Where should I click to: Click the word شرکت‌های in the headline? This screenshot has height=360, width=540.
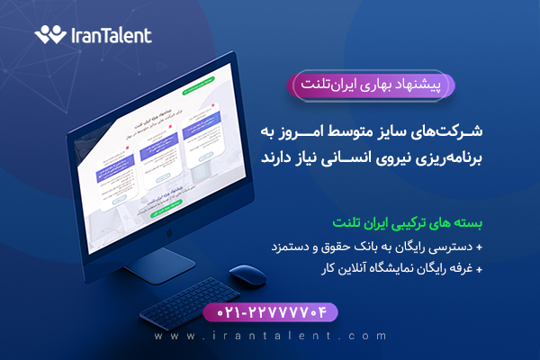452,132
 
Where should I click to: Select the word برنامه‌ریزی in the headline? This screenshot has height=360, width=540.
447,157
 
